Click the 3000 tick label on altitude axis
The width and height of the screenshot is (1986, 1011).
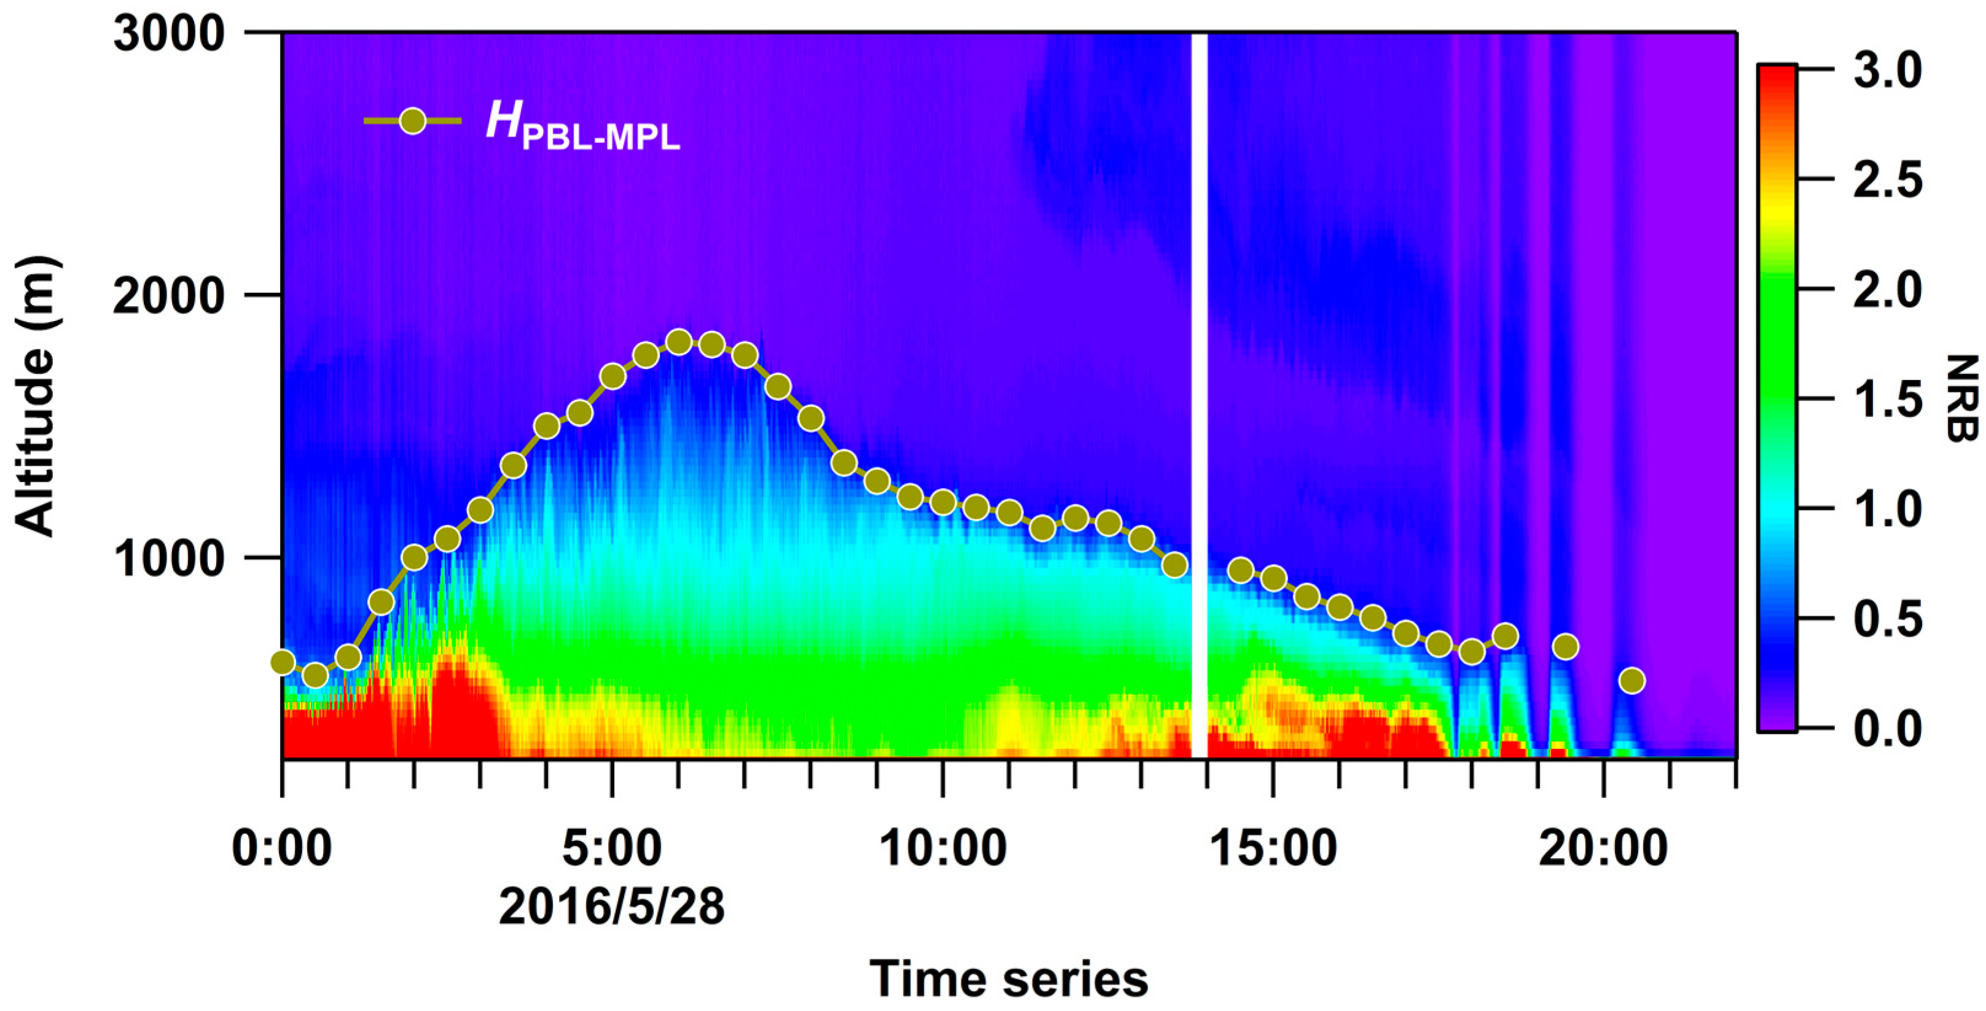[x=168, y=34]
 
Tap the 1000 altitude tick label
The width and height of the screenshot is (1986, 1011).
[x=168, y=558]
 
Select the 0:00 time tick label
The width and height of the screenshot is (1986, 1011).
[x=282, y=848]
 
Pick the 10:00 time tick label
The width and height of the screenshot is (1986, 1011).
[x=942, y=848]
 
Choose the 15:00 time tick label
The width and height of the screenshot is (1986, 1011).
[x=1273, y=848]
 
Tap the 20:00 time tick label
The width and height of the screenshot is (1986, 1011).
[x=1603, y=848]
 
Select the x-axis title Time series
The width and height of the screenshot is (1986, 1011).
[x=1009, y=978]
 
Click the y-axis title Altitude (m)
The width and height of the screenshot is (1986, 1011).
[x=36, y=396]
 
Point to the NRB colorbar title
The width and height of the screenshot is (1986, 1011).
[x=1964, y=398]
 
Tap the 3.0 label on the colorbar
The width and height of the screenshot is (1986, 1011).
[x=1887, y=71]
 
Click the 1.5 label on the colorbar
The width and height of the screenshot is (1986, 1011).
[x=1887, y=399]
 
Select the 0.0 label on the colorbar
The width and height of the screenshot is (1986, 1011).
[x=1887, y=727]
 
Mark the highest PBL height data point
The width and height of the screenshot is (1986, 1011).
[x=678, y=342]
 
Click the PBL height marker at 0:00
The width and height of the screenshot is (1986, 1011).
[x=283, y=662]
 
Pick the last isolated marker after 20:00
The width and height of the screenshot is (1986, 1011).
[x=1632, y=680]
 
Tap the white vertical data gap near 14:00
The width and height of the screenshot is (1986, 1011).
[x=1199, y=385]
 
